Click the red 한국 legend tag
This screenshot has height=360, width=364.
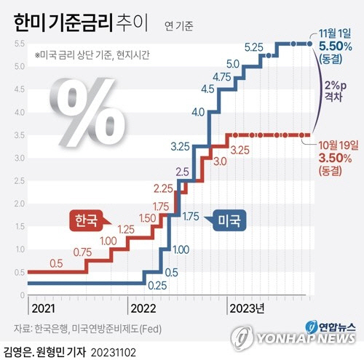click(x=86, y=220)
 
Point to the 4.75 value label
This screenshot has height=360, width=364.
click(x=223, y=76)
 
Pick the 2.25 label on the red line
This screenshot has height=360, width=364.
click(x=163, y=188)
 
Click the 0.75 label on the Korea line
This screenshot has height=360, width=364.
click(x=83, y=252)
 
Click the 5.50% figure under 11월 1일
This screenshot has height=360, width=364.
click(x=336, y=47)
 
